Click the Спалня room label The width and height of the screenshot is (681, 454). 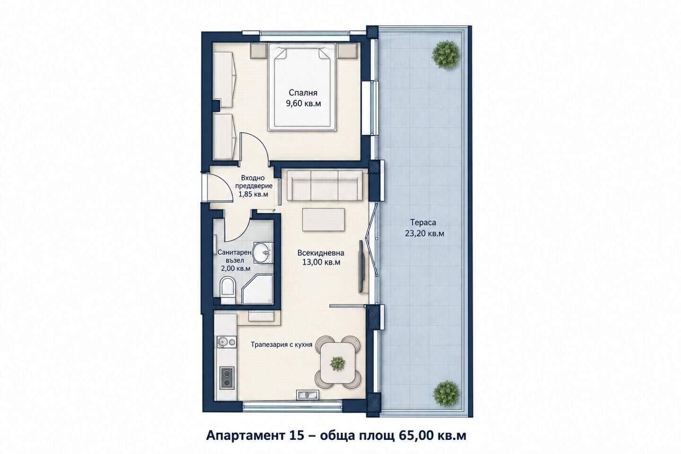click(303, 92)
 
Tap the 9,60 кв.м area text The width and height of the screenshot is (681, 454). click(303, 104)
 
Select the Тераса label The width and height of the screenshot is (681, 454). click(423, 222)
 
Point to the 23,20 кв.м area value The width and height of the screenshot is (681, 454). click(424, 234)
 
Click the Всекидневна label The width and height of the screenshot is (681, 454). click(321, 253)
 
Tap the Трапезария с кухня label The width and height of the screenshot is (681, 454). click(281, 345)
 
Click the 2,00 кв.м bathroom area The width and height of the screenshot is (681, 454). click(236, 269)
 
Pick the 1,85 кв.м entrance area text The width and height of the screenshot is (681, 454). click(253, 194)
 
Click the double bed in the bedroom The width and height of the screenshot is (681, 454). click(302, 87)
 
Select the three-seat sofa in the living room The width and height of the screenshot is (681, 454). click(325, 185)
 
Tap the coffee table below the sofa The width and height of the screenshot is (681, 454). click(323, 219)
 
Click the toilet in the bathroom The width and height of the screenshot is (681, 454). click(227, 290)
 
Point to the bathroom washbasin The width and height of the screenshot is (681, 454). click(262, 253)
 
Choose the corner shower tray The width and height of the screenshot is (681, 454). click(258, 289)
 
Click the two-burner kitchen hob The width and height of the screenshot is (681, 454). click(227, 378)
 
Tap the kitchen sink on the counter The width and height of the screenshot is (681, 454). click(226, 342)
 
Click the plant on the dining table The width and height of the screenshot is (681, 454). click(338, 363)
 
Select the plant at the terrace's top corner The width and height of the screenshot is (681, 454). click(445, 53)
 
